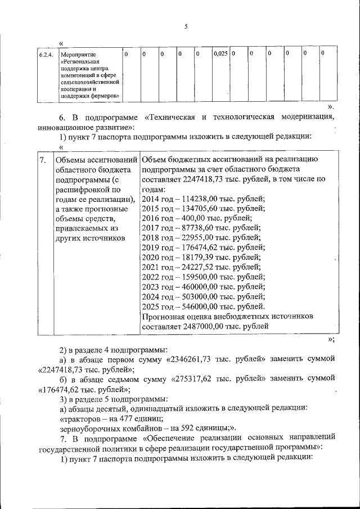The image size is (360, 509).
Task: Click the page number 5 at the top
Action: coord(185,26)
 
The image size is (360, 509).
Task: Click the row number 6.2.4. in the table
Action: coord(46,55)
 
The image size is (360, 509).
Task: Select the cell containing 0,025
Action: coord(220,54)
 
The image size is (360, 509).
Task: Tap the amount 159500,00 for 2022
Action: coord(203,277)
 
